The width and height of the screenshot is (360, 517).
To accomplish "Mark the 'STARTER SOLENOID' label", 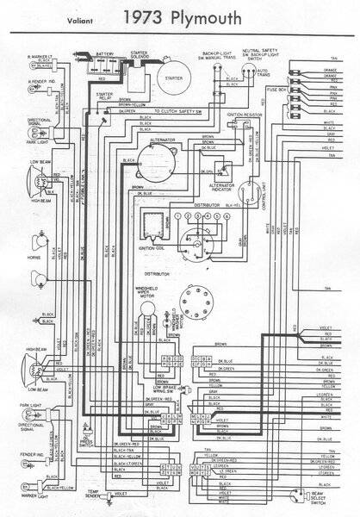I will pyautogui.click(x=140, y=55).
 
